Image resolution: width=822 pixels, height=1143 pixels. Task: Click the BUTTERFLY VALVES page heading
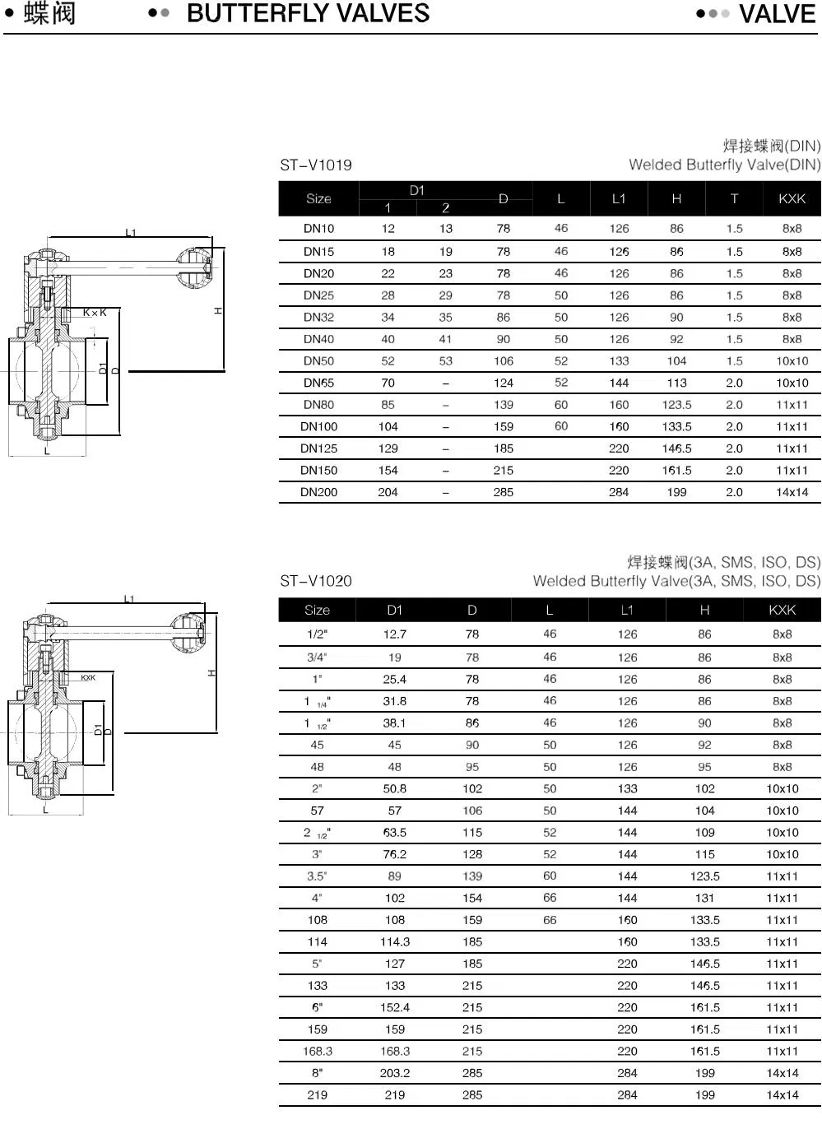coord(308,14)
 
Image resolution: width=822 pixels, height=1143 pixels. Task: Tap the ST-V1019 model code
coord(316,165)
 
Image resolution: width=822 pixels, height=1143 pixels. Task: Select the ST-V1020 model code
coord(316,581)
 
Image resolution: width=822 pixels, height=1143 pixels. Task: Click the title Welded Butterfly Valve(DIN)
coord(724,165)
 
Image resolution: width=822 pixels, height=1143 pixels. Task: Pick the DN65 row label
coord(318,383)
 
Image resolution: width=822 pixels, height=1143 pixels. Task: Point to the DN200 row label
coord(318,492)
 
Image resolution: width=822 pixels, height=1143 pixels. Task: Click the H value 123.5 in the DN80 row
coord(676,405)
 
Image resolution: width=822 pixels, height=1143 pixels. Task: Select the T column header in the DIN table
coord(734,198)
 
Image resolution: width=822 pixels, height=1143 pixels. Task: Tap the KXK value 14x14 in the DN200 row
coord(792,492)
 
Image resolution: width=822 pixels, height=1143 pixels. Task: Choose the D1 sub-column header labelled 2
coord(445,208)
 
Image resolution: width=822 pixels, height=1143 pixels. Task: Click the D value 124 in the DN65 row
coord(504,383)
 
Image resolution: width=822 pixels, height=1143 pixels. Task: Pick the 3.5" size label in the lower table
coord(317,876)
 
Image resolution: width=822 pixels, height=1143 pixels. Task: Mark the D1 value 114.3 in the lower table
coord(395,942)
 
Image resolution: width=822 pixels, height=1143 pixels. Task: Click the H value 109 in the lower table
coord(704,833)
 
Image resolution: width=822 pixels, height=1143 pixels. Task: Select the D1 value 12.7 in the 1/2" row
coord(395,634)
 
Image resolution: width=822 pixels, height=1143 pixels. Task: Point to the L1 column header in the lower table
coord(627,610)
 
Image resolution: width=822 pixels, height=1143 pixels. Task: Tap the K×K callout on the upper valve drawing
coord(95,313)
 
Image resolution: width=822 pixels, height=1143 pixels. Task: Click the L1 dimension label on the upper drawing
coord(131,233)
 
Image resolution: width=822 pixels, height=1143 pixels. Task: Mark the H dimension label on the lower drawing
coord(211,673)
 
